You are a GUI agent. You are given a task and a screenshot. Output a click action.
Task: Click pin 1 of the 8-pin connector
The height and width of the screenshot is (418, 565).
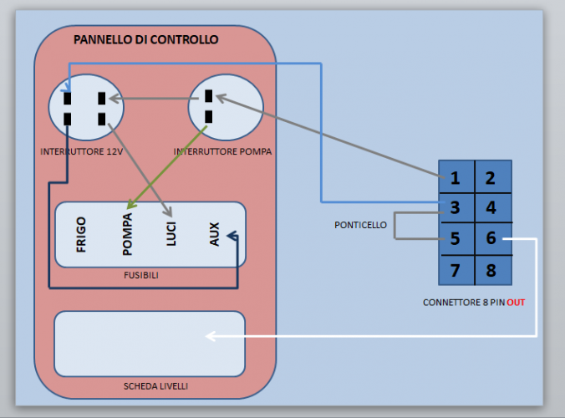coord(456,177)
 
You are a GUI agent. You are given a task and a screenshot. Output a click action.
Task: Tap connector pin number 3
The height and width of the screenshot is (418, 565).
coord(456,207)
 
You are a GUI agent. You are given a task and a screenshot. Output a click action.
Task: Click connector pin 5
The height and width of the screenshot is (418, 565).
coord(456,239)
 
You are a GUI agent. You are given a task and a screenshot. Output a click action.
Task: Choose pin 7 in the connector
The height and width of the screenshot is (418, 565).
coord(456,270)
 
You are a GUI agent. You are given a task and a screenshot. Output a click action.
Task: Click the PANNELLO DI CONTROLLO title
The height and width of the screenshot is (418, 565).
coord(145,39)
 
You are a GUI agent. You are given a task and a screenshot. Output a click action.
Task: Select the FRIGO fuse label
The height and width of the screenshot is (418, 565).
coord(81,235)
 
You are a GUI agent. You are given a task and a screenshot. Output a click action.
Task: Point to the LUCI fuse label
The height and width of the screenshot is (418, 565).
coord(171,233)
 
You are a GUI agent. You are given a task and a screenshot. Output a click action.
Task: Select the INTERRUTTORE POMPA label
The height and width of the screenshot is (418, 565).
coord(222,152)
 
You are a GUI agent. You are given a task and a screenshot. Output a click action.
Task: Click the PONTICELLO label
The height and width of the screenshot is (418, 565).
coord(360,225)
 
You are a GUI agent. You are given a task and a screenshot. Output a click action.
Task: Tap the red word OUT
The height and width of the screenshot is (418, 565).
coord(516,302)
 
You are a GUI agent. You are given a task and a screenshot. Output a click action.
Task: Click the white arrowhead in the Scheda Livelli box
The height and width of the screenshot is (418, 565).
coord(211,336)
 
